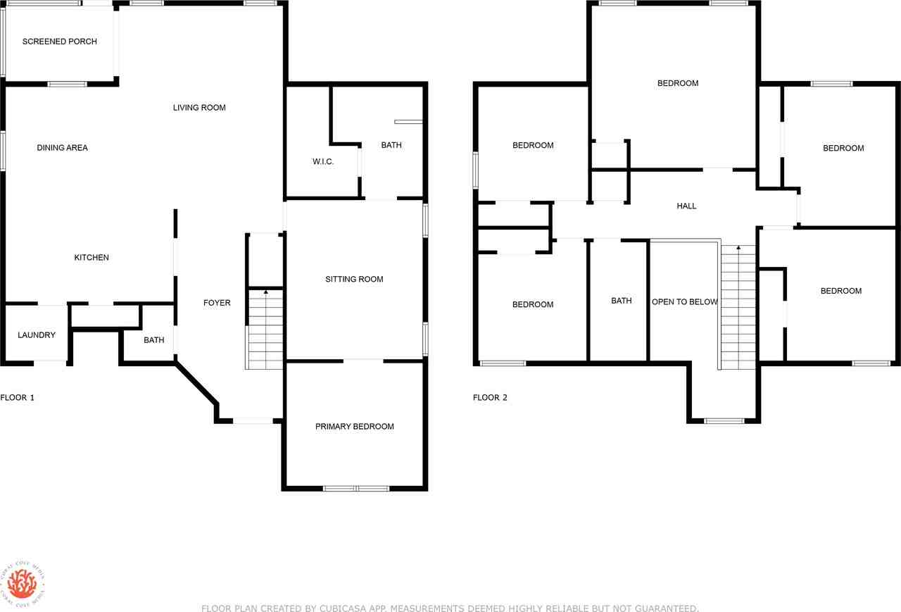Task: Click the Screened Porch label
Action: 60,42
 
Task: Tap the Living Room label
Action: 199,108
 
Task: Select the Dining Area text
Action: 63,148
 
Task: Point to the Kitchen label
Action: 92,258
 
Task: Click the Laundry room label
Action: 37,335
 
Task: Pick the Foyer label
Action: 217,303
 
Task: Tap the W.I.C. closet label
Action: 323,162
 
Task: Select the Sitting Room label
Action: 354,280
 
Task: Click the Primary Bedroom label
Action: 354,427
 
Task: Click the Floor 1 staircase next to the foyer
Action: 265,331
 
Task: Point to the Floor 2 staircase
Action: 738,310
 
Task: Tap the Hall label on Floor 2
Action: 686,206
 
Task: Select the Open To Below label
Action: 684,302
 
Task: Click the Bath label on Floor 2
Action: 621,301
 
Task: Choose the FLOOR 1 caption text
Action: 18,398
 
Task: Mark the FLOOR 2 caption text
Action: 490,398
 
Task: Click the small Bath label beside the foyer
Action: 154,340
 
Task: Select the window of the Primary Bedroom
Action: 355,488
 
